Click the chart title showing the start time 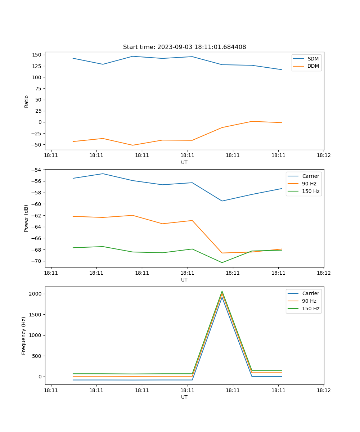click(184, 47)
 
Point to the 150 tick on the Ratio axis click(37, 55)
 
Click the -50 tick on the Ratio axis click(37, 145)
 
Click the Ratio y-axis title click(26, 102)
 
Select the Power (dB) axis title click(26, 218)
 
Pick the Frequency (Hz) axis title click(24, 336)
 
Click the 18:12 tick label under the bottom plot click(324, 390)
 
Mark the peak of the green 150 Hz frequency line click(222, 291)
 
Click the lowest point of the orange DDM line click(133, 145)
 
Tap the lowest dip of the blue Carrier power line click(222, 201)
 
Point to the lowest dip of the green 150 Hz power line click(222, 262)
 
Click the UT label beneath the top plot click(184, 162)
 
